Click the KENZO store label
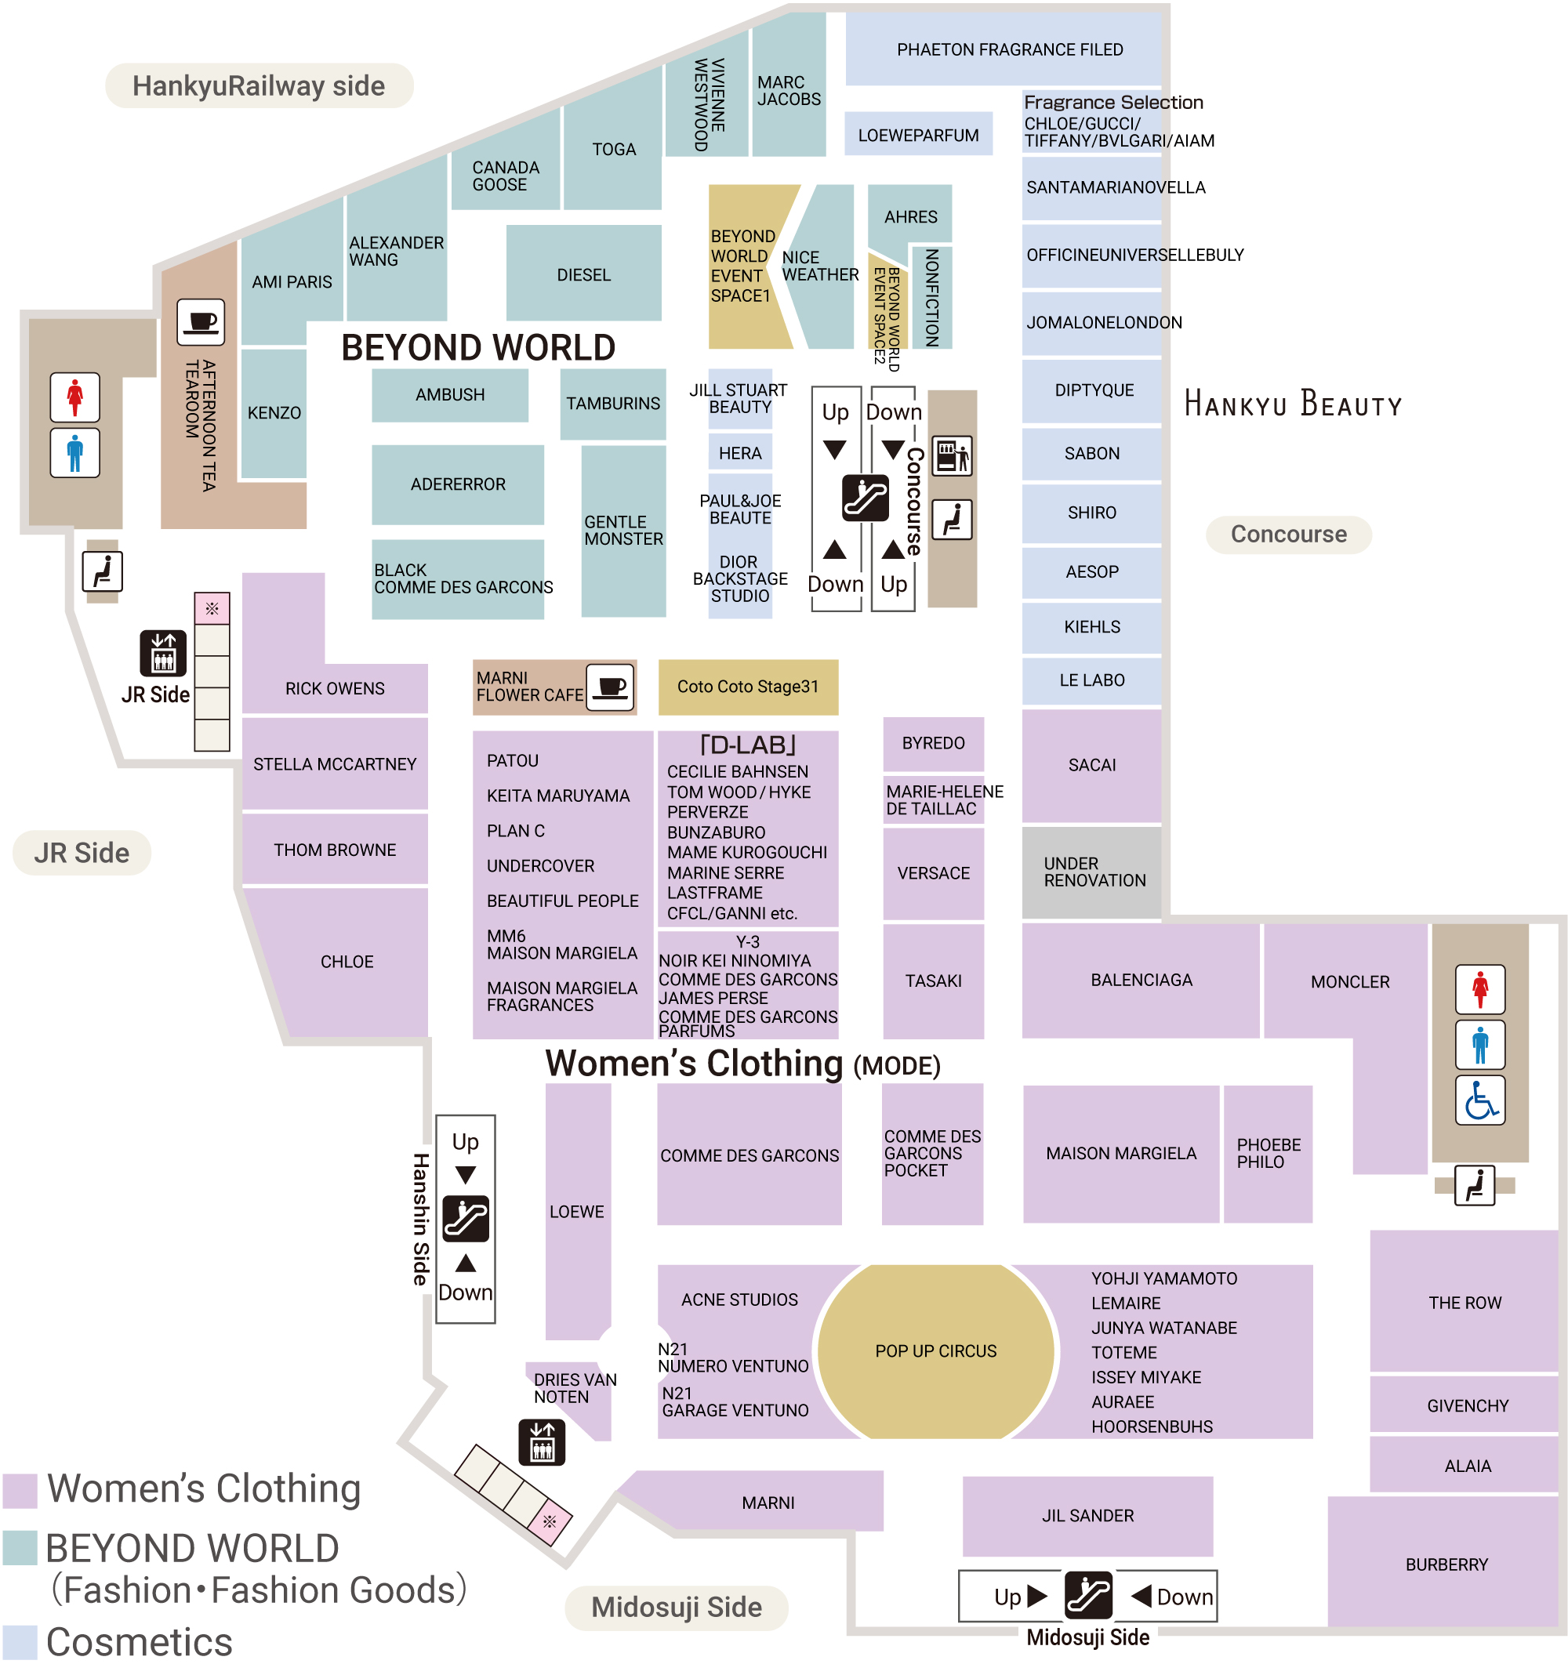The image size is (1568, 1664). pyautogui.click(x=274, y=412)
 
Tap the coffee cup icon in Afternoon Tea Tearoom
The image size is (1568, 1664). pyautogui.click(x=201, y=322)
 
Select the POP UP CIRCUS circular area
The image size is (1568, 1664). pyautogui.click(x=935, y=1351)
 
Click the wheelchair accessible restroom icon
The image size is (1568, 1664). pyautogui.click(x=1479, y=1100)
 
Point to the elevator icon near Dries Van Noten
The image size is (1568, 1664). pyautogui.click(x=542, y=1442)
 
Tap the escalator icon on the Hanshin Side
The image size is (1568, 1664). pyautogui.click(x=466, y=1219)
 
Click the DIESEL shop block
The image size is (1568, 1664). pyautogui.click(x=583, y=274)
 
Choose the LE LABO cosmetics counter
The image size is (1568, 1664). pyautogui.click(x=1091, y=680)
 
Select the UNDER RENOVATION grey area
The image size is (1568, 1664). pyautogui.click(x=1091, y=872)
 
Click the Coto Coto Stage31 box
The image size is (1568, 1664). pyautogui.click(x=748, y=687)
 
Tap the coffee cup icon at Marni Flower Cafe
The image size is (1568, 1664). pyautogui.click(x=610, y=687)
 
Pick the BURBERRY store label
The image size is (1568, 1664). pyautogui.click(x=1446, y=1564)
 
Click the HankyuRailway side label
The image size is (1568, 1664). pyautogui.click(x=259, y=85)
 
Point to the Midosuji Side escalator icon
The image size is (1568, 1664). pyautogui.click(x=1088, y=1595)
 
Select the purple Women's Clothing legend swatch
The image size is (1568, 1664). pyautogui.click(x=20, y=1490)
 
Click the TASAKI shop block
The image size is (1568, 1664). pyautogui.click(x=934, y=981)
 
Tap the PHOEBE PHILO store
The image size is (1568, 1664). pyautogui.click(x=1268, y=1154)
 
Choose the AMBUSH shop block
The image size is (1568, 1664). pyautogui.click(x=449, y=395)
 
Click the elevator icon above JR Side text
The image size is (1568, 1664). pyautogui.click(x=163, y=653)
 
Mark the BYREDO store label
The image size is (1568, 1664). pyautogui.click(x=934, y=743)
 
